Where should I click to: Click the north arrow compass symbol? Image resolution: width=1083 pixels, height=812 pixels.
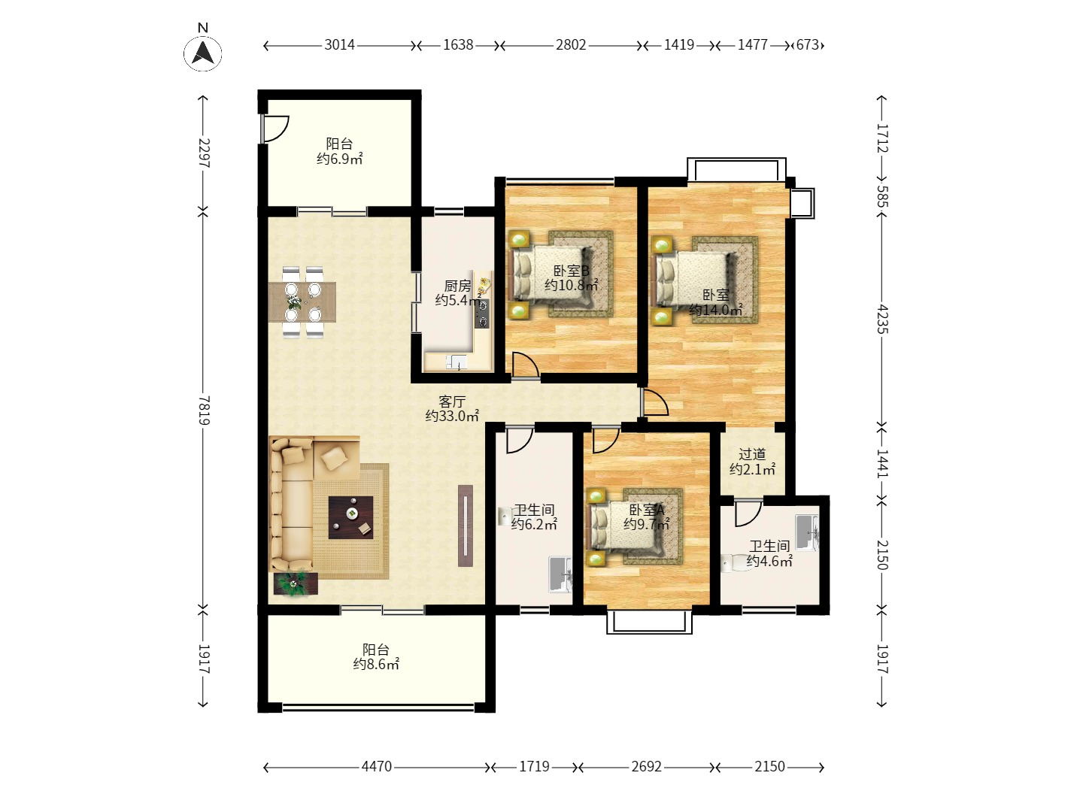click(x=202, y=52)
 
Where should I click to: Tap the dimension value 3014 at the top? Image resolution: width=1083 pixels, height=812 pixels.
click(x=339, y=45)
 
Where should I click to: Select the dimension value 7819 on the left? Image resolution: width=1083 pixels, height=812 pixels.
click(x=203, y=410)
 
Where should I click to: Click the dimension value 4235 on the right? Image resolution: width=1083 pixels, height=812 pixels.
click(x=882, y=318)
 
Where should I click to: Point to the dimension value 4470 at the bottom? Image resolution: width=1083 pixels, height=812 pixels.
click(x=376, y=767)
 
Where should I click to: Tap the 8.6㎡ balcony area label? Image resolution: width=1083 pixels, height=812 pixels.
click(x=376, y=657)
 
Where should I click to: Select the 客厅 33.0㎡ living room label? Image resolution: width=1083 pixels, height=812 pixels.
click(x=452, y=409)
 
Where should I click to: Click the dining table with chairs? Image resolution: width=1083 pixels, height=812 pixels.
click(x=303, y=301)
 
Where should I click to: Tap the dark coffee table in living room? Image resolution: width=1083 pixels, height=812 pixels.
click(x=351, y=517)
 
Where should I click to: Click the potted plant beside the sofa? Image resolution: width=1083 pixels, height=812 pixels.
click(x=295, y=583)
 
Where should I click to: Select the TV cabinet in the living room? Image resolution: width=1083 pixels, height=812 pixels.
click(x=466, y=526)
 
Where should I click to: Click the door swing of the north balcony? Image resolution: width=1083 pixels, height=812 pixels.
click(x=275, y=129)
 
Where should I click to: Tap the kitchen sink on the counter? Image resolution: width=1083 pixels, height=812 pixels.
click(x=456, y=362)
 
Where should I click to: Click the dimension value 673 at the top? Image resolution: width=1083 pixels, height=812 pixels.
click(x=807, y=45)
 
